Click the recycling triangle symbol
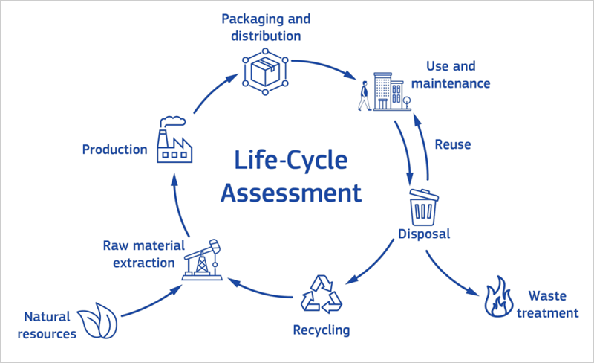point(322,294)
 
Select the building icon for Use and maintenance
point(389,91)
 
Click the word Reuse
point(452,144)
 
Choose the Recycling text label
point(321,329)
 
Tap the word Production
point(114,150)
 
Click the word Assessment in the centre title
point(292,193)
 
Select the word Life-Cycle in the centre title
point(292,161)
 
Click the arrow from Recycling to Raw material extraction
point(260,292)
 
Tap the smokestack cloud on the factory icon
point(175,119)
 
